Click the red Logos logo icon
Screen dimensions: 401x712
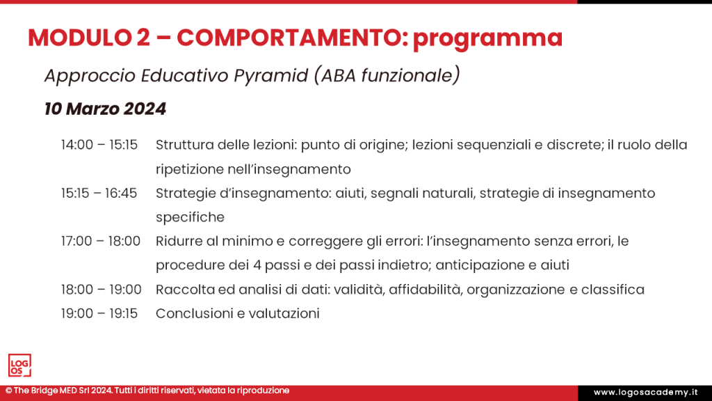coord(19,365)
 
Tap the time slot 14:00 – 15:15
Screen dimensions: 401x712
coord(99,145)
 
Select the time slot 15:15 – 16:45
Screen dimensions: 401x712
coord(99,193)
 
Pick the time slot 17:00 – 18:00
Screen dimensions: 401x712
coord(100,241)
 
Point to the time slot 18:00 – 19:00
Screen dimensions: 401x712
coord(100,289)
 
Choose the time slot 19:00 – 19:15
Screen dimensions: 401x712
coord(99,313)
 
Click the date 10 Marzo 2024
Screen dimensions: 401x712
coord(105,109)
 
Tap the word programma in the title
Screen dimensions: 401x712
coord(487,39)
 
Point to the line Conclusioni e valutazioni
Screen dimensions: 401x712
coord(238,313)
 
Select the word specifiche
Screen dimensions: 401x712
coord(190,217)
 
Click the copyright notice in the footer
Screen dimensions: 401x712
coord(147,391)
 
